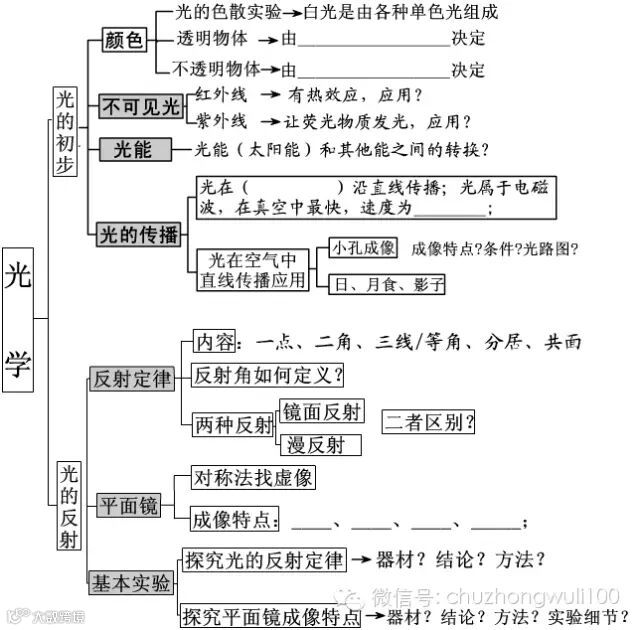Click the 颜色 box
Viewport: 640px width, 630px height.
124,41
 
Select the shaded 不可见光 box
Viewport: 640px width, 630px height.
140,106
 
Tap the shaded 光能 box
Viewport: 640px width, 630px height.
131,150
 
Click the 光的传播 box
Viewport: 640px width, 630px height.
138,235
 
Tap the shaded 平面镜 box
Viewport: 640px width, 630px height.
128,506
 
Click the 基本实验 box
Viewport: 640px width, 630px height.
131,582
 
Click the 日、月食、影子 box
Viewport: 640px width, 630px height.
387,284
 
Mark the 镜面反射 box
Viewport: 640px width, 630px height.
322,410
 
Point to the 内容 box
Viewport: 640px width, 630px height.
214,342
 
